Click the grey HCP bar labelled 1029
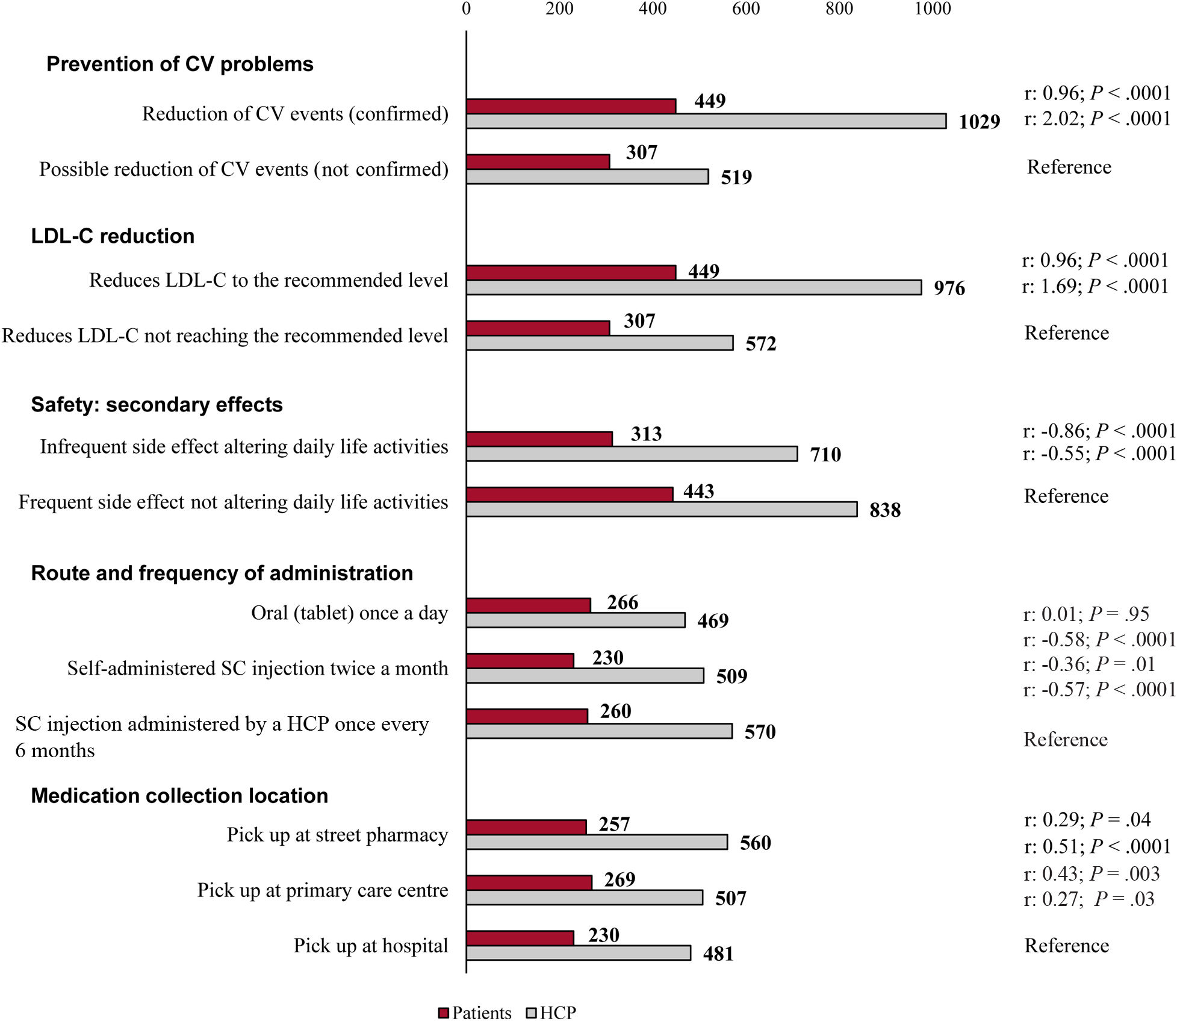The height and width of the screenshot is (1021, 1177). [x=706, y=121]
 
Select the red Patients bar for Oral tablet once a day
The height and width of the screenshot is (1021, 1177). [x=528, y=605]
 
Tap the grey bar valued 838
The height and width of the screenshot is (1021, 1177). [x=661, y=509]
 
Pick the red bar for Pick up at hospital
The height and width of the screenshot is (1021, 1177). [x=520, y=938]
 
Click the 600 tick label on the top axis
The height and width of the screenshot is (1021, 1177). [x=745, y=8]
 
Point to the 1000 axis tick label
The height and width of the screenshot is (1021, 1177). [x=933, y=8]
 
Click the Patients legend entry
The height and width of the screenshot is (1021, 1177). [x=475, y=1013]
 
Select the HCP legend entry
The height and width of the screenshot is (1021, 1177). [x=551, y=1013]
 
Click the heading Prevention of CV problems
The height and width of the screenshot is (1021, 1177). [x=179, y=64]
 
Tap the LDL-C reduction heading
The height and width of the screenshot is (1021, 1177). [x=113, y=236]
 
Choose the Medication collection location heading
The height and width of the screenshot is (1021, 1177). [x=179, y=796]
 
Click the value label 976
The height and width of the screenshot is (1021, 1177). [x=949, y=289]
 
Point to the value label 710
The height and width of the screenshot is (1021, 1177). [x=825, y=454]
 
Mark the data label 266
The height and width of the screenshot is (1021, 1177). [x=622, y=602]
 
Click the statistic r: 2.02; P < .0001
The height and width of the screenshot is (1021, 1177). [x=1097, y=119]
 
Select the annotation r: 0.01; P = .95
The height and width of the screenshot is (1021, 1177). [x=1086, y=614]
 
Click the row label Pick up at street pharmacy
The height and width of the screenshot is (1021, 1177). [x=337, y=835]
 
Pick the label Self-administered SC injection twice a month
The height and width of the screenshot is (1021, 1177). [x=257, y=669]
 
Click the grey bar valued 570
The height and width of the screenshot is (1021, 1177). [x=599, y=731]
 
